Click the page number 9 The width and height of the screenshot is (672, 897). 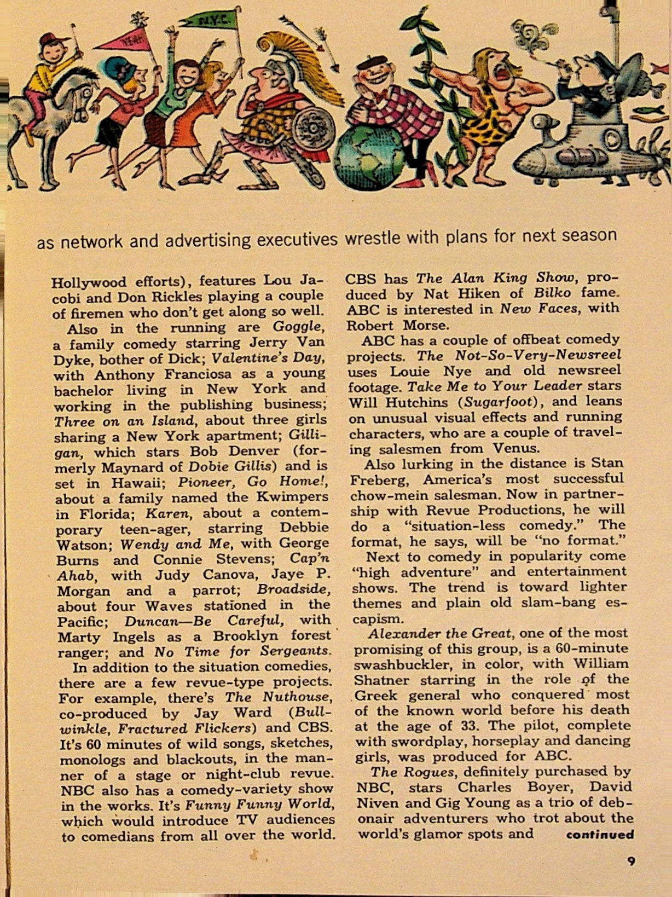coord(631,861)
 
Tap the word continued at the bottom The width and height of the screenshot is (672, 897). coord(600,835)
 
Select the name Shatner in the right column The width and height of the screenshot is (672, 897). coord(381,680)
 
